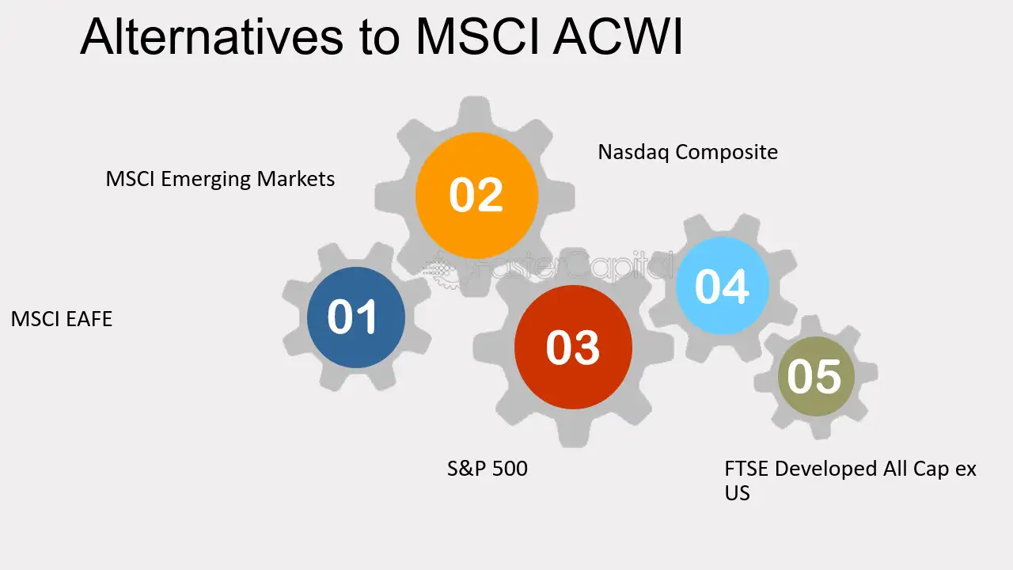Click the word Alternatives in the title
211,36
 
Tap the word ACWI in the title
617,36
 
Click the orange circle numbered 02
476,195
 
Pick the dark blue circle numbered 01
356,317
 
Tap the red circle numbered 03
573,347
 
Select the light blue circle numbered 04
723,286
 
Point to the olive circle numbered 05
816,376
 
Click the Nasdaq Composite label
688,152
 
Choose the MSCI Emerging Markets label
220,179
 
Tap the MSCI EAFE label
62,319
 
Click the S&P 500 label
487,468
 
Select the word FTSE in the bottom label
746,469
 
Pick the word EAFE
89,319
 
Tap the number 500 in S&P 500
510,468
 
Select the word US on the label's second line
737,493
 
